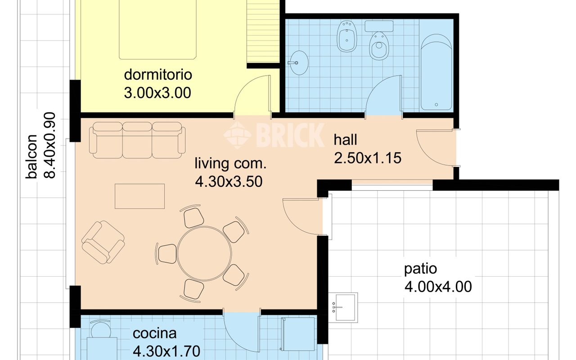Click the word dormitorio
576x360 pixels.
158,75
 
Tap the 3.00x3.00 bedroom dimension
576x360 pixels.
157,93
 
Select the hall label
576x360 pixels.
345,139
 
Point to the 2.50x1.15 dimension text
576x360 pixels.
368,158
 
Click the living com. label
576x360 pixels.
230,163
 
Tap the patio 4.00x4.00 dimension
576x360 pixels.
438,287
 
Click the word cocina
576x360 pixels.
154,333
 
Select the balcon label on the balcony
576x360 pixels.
31,156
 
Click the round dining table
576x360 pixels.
204,253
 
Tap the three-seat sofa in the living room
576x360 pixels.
137,140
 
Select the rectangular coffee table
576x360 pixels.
139,196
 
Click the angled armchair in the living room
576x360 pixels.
103,242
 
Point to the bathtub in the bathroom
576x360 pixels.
436,72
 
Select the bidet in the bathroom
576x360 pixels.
347,36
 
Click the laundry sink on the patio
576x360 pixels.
343,307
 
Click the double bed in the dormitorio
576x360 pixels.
157,30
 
